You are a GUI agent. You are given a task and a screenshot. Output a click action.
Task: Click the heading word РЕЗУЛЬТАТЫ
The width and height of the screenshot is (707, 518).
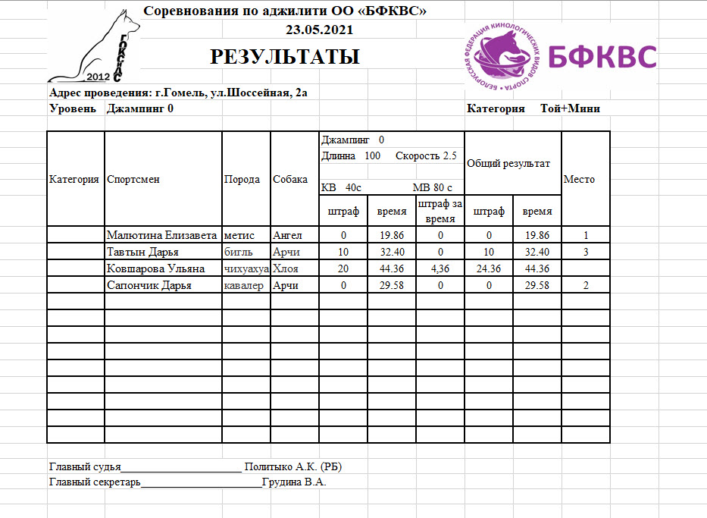tap(284, 57)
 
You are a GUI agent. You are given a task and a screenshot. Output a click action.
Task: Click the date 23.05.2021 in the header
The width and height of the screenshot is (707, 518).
tap(319, 30)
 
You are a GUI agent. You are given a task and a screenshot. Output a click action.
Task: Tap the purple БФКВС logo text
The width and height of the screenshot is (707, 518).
tap(602, 56)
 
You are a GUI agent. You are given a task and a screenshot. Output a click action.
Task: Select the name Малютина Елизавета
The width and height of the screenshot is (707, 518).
tap(162, 236)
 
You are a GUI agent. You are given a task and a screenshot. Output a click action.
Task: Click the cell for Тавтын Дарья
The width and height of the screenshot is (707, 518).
tap(142, 253)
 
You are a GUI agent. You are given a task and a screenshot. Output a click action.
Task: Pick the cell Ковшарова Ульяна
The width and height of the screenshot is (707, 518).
tap(156, 269)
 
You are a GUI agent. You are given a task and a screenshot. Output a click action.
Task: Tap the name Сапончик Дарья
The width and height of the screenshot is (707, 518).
tap(149, 286)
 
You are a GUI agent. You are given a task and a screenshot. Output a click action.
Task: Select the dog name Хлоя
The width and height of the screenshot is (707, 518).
tap(285, 269)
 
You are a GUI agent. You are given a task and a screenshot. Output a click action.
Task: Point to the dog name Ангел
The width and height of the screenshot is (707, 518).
tap(287, 236)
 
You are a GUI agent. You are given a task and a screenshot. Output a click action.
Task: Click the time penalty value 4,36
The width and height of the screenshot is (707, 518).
tap(440, 269)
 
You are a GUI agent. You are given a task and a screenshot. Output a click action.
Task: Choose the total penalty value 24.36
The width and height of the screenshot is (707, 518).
tap(489, 269)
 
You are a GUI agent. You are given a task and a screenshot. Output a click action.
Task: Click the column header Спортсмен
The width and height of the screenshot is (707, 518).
tap(133, 180)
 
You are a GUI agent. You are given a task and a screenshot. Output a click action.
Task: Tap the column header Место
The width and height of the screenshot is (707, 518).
tap(580, 180)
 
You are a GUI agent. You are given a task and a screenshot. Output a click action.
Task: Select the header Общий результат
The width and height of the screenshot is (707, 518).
tap(508, 163)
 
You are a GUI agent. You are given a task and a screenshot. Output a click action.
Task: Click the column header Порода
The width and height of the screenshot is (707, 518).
tap(242, 180)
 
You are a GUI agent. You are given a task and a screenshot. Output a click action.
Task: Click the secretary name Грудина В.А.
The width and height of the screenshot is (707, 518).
tap(294, 482)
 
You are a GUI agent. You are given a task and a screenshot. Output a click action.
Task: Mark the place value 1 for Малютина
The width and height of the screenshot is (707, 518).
tap(586, 236)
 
